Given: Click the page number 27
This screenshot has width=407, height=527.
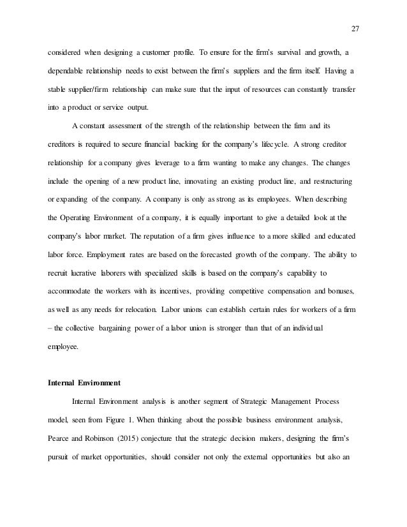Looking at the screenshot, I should pos(356,27).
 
